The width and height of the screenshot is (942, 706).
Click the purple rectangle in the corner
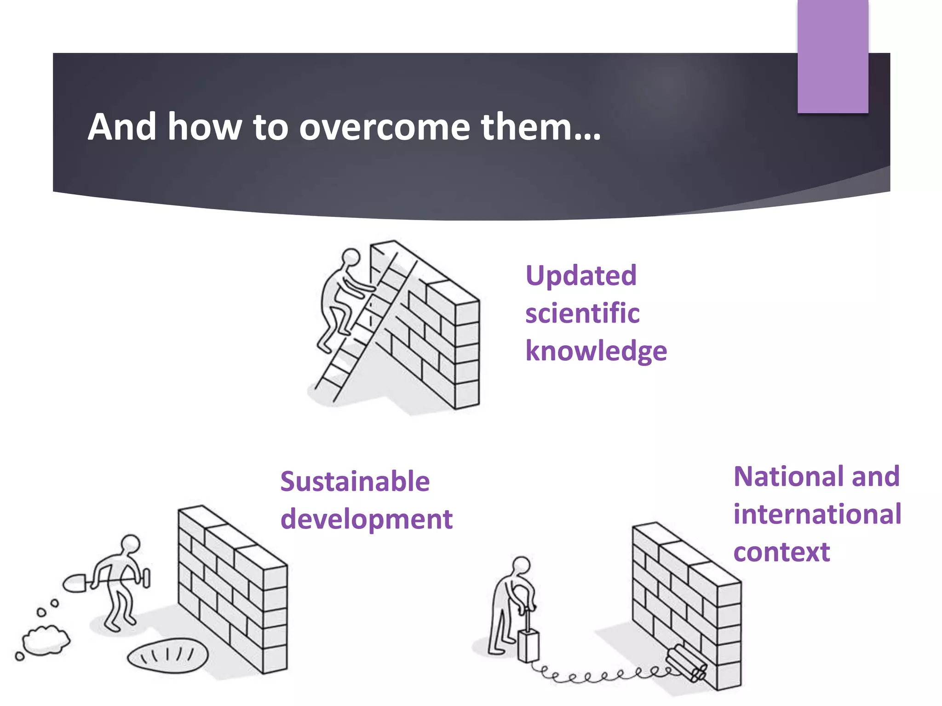pos(833,56)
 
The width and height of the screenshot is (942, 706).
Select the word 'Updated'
pos(581,276)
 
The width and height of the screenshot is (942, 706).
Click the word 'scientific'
pos(582,313)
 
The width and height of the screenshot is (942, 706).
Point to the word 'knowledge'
pos(596,352)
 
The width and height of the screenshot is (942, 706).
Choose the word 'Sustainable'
pos(355,482)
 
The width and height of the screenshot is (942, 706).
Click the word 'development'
pos(367,519)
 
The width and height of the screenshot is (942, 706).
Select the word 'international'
pos(817,514)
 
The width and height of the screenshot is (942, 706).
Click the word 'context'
pos(781,552)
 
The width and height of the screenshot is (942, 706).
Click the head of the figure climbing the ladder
pos(351,256)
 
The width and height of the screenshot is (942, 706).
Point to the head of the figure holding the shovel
pos(131,543)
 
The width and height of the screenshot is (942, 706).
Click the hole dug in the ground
pos(167,655)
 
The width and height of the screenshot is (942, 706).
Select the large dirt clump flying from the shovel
pos(46,639)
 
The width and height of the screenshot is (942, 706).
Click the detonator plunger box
pos(528,646)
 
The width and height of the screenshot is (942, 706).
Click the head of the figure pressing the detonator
pos(522,565)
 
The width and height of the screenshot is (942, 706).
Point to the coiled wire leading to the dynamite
pos(603,676)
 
